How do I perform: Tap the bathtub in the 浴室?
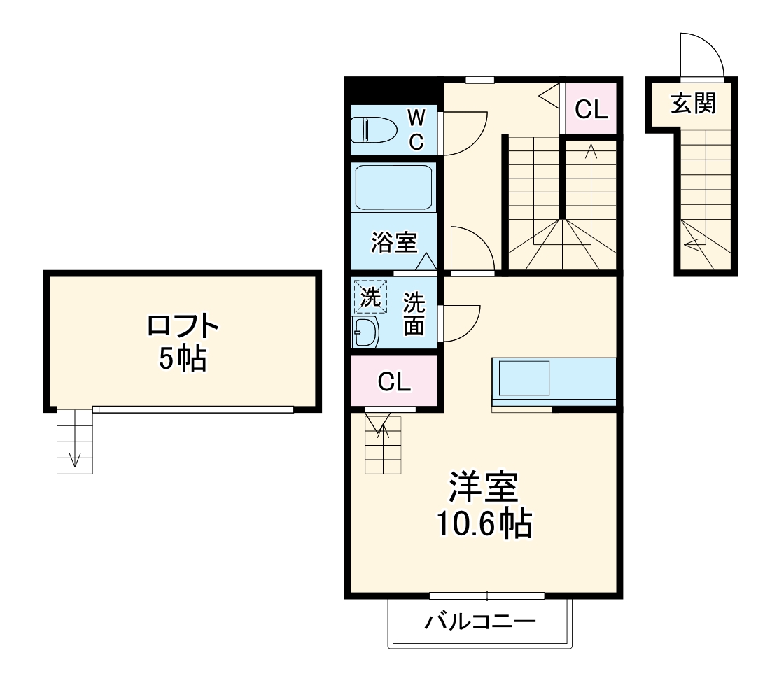[395, 187]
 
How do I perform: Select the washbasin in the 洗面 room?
[365, 332]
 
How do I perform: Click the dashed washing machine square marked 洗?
[369, 295]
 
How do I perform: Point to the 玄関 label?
[693, 104]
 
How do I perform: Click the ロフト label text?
[183, 327]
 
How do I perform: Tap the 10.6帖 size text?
[484, 523]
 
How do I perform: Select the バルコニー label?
[480, 621]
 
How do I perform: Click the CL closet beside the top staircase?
[591, 109]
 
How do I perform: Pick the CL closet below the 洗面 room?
[394, 381]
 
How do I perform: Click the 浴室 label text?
[394, 242]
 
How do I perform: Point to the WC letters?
[416, 128]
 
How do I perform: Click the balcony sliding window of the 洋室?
[487, 596]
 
